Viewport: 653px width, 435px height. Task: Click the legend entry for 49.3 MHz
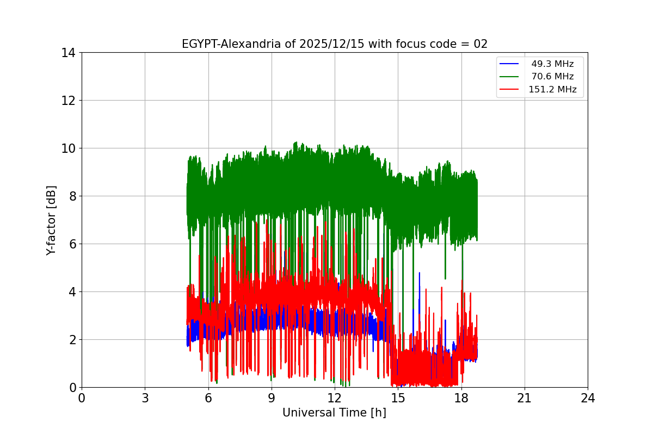coord(552,64)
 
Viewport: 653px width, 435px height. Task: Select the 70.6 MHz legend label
coord(552,77)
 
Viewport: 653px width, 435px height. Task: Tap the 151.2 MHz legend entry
coord(552,89)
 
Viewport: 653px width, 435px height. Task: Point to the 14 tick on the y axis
coord(68,53)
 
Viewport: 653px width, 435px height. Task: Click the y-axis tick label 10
coord(68,148)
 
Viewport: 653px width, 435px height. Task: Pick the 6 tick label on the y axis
coord(71,244)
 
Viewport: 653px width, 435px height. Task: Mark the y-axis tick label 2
coord(71,340)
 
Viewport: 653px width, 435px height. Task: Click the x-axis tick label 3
coord(145,398)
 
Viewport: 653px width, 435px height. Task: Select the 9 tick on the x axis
coord(272,398)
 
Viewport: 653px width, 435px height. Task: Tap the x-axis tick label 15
coord(398,398)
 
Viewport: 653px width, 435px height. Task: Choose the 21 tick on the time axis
coord(525,398)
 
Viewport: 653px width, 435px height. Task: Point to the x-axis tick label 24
coord(588,398)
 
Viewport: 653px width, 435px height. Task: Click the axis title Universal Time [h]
coord(334,413)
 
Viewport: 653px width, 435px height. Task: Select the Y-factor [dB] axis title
coord(51,220)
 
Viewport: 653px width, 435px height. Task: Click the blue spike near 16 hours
coord(419,277)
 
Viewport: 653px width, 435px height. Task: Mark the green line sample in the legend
coord(510,77)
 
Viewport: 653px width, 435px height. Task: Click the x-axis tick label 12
coord(335,398)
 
